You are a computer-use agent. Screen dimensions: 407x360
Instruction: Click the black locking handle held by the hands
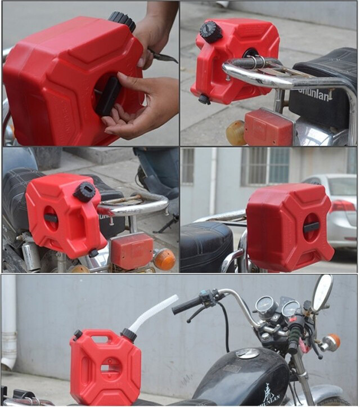pyautogui.click(x=107, y=96)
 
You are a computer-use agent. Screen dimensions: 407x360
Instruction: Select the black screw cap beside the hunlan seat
pyautogui.click(x=211, y=32)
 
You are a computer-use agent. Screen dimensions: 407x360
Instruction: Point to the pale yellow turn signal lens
pyautogui.click(x=235, y=133)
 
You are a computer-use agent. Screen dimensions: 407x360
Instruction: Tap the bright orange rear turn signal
pyautogui.click(x=164, y=259)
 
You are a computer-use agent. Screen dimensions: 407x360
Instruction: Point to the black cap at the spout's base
pyautogui.click(x=129, y=335)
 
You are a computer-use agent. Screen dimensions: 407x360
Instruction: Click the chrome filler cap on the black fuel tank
pyautogui.click(x=247, y=353)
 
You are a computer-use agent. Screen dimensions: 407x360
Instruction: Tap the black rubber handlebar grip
pyautogui.click(x=186, y=305)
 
